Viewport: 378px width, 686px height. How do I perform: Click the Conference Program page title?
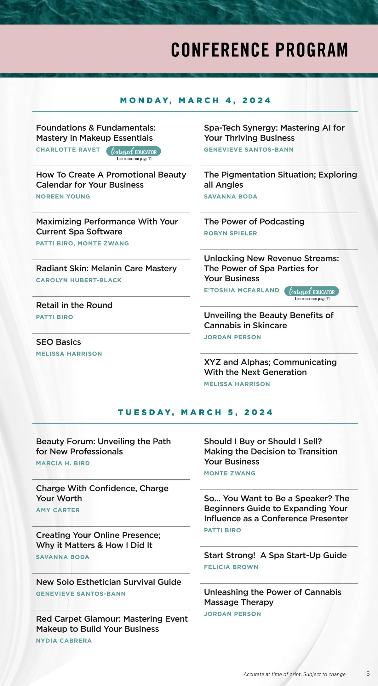click(x=260, y=50)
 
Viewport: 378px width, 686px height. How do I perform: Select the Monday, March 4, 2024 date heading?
click(x=195, y=101)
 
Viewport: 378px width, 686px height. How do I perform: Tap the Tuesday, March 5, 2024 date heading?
click(x=195, y=413)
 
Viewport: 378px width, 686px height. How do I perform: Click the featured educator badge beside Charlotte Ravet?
click(x=134, y=152)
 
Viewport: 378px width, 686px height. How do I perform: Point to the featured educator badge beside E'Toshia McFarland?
click(x=312, y=292)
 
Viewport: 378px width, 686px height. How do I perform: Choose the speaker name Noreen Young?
click(x=63, y=196)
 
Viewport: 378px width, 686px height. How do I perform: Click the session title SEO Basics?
click(x=59, y=342)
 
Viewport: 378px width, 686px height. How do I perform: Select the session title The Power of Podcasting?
click(x=254, y=221)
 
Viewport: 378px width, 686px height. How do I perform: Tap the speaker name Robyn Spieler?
click(x=231, y=233)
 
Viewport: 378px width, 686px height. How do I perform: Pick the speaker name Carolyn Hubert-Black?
click(x=79, y=280)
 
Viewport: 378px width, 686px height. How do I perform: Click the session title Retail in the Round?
click(x=74, y=305)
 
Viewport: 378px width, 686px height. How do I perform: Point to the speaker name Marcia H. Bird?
click(x=63, y=463)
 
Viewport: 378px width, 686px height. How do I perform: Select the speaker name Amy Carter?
click(x=58, y=510)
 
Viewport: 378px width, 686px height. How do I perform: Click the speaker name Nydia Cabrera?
click(x=64, y=641)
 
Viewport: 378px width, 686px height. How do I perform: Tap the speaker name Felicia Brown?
click(x=231, y=567)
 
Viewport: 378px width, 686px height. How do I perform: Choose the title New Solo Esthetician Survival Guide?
click(x=109, y=582)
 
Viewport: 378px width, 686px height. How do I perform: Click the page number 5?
click(x=368, y=674)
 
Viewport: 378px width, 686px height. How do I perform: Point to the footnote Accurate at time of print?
click(x=295, y=674)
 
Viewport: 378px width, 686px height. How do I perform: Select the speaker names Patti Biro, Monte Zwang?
click(x=83, y=243)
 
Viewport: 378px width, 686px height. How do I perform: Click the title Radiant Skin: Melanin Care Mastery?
click(x=106, y=268)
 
